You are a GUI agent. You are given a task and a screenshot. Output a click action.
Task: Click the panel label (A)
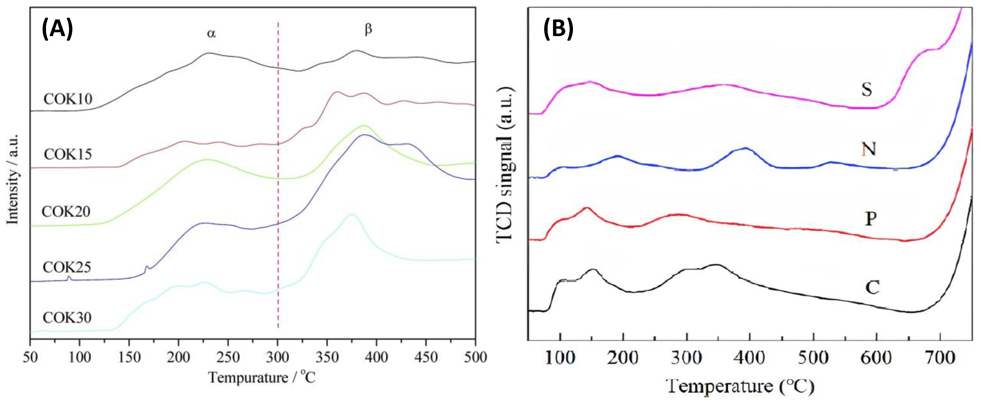57,29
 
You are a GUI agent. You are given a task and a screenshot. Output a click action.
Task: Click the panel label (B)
558,29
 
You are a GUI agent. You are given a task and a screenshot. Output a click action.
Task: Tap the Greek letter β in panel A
368,30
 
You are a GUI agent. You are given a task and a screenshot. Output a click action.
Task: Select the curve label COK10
68,99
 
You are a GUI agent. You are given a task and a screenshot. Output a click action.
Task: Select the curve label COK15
68,154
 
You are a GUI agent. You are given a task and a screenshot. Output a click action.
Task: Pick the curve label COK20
66,211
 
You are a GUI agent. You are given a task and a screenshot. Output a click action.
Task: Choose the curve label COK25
67,267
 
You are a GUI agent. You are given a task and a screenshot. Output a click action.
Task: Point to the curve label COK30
67,317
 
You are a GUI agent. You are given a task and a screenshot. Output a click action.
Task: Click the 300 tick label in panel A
278,358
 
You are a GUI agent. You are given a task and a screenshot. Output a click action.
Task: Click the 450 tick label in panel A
426,358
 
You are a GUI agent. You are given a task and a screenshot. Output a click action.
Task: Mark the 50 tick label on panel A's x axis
30,358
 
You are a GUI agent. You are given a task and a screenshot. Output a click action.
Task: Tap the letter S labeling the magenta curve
867,90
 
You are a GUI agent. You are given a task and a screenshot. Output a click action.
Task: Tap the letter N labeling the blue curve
869,149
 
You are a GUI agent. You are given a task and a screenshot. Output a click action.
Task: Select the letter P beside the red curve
871,219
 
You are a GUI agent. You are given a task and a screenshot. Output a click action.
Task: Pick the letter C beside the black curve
872,287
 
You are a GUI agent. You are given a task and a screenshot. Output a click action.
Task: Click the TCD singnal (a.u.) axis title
506,164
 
